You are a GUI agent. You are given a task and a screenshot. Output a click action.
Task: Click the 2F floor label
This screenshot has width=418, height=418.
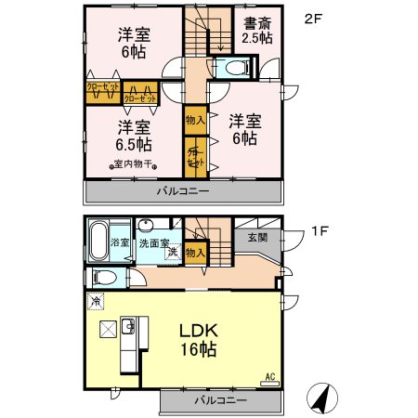tap(314, 16)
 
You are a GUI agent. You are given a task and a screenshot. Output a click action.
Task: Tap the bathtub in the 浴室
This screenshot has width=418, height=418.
tap(98, 239)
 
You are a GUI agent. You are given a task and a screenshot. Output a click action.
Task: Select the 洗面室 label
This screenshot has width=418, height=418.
tap(155, 243)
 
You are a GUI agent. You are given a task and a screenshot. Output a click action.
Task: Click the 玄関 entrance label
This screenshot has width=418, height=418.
tap(257, 238)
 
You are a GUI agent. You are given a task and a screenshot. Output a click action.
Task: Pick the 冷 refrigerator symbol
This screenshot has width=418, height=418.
tap(98, 301)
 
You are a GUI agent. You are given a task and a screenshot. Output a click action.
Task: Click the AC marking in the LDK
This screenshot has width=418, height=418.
tap(270, 376)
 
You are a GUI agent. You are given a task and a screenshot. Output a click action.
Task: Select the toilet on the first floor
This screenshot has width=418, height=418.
tap(106, 277)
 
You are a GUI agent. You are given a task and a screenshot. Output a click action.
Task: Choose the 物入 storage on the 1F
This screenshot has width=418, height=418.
tap(195, 251)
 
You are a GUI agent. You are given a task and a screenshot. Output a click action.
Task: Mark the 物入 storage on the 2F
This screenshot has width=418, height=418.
tap(195, 121)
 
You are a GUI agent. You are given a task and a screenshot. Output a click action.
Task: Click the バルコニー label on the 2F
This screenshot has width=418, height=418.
tap(182, 190)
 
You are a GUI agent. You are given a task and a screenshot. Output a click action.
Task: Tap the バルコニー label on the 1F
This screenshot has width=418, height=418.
tap(220, 400)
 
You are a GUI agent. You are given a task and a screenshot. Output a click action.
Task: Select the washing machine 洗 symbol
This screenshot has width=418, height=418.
tap(172, 253)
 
